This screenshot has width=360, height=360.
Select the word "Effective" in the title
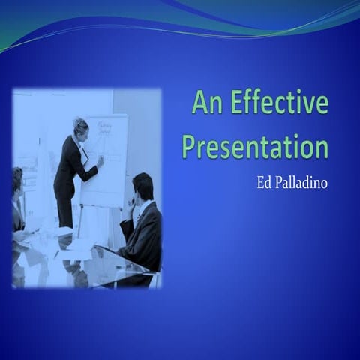[279, 102]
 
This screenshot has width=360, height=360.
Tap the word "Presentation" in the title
[255, 145]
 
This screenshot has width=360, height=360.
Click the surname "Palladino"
[302, 182]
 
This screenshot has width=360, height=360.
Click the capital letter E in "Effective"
[238, 102]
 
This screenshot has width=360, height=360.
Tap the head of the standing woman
[80, 126]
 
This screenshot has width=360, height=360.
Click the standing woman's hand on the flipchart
[100, 160]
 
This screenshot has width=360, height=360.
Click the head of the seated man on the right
[142, 186]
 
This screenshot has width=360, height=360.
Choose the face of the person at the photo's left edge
[17, 182]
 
